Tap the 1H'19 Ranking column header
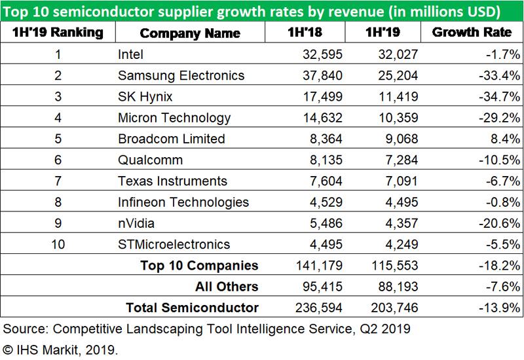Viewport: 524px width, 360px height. click(x=58, y=33)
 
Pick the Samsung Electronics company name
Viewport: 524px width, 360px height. click(x=181, y=75)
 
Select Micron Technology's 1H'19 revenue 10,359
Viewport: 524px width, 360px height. click(x=398, y=118)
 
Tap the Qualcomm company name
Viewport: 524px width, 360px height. click(x=150, y=160)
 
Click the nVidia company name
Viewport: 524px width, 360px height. click(x=136, y=223)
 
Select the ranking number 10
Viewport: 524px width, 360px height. click(x=58, y=244)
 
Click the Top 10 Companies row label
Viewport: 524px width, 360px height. click(x=199, y=266)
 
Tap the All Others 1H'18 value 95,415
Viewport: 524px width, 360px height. click(x=320, y=287)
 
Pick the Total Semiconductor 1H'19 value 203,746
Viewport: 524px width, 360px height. click(x=393, y=308)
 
